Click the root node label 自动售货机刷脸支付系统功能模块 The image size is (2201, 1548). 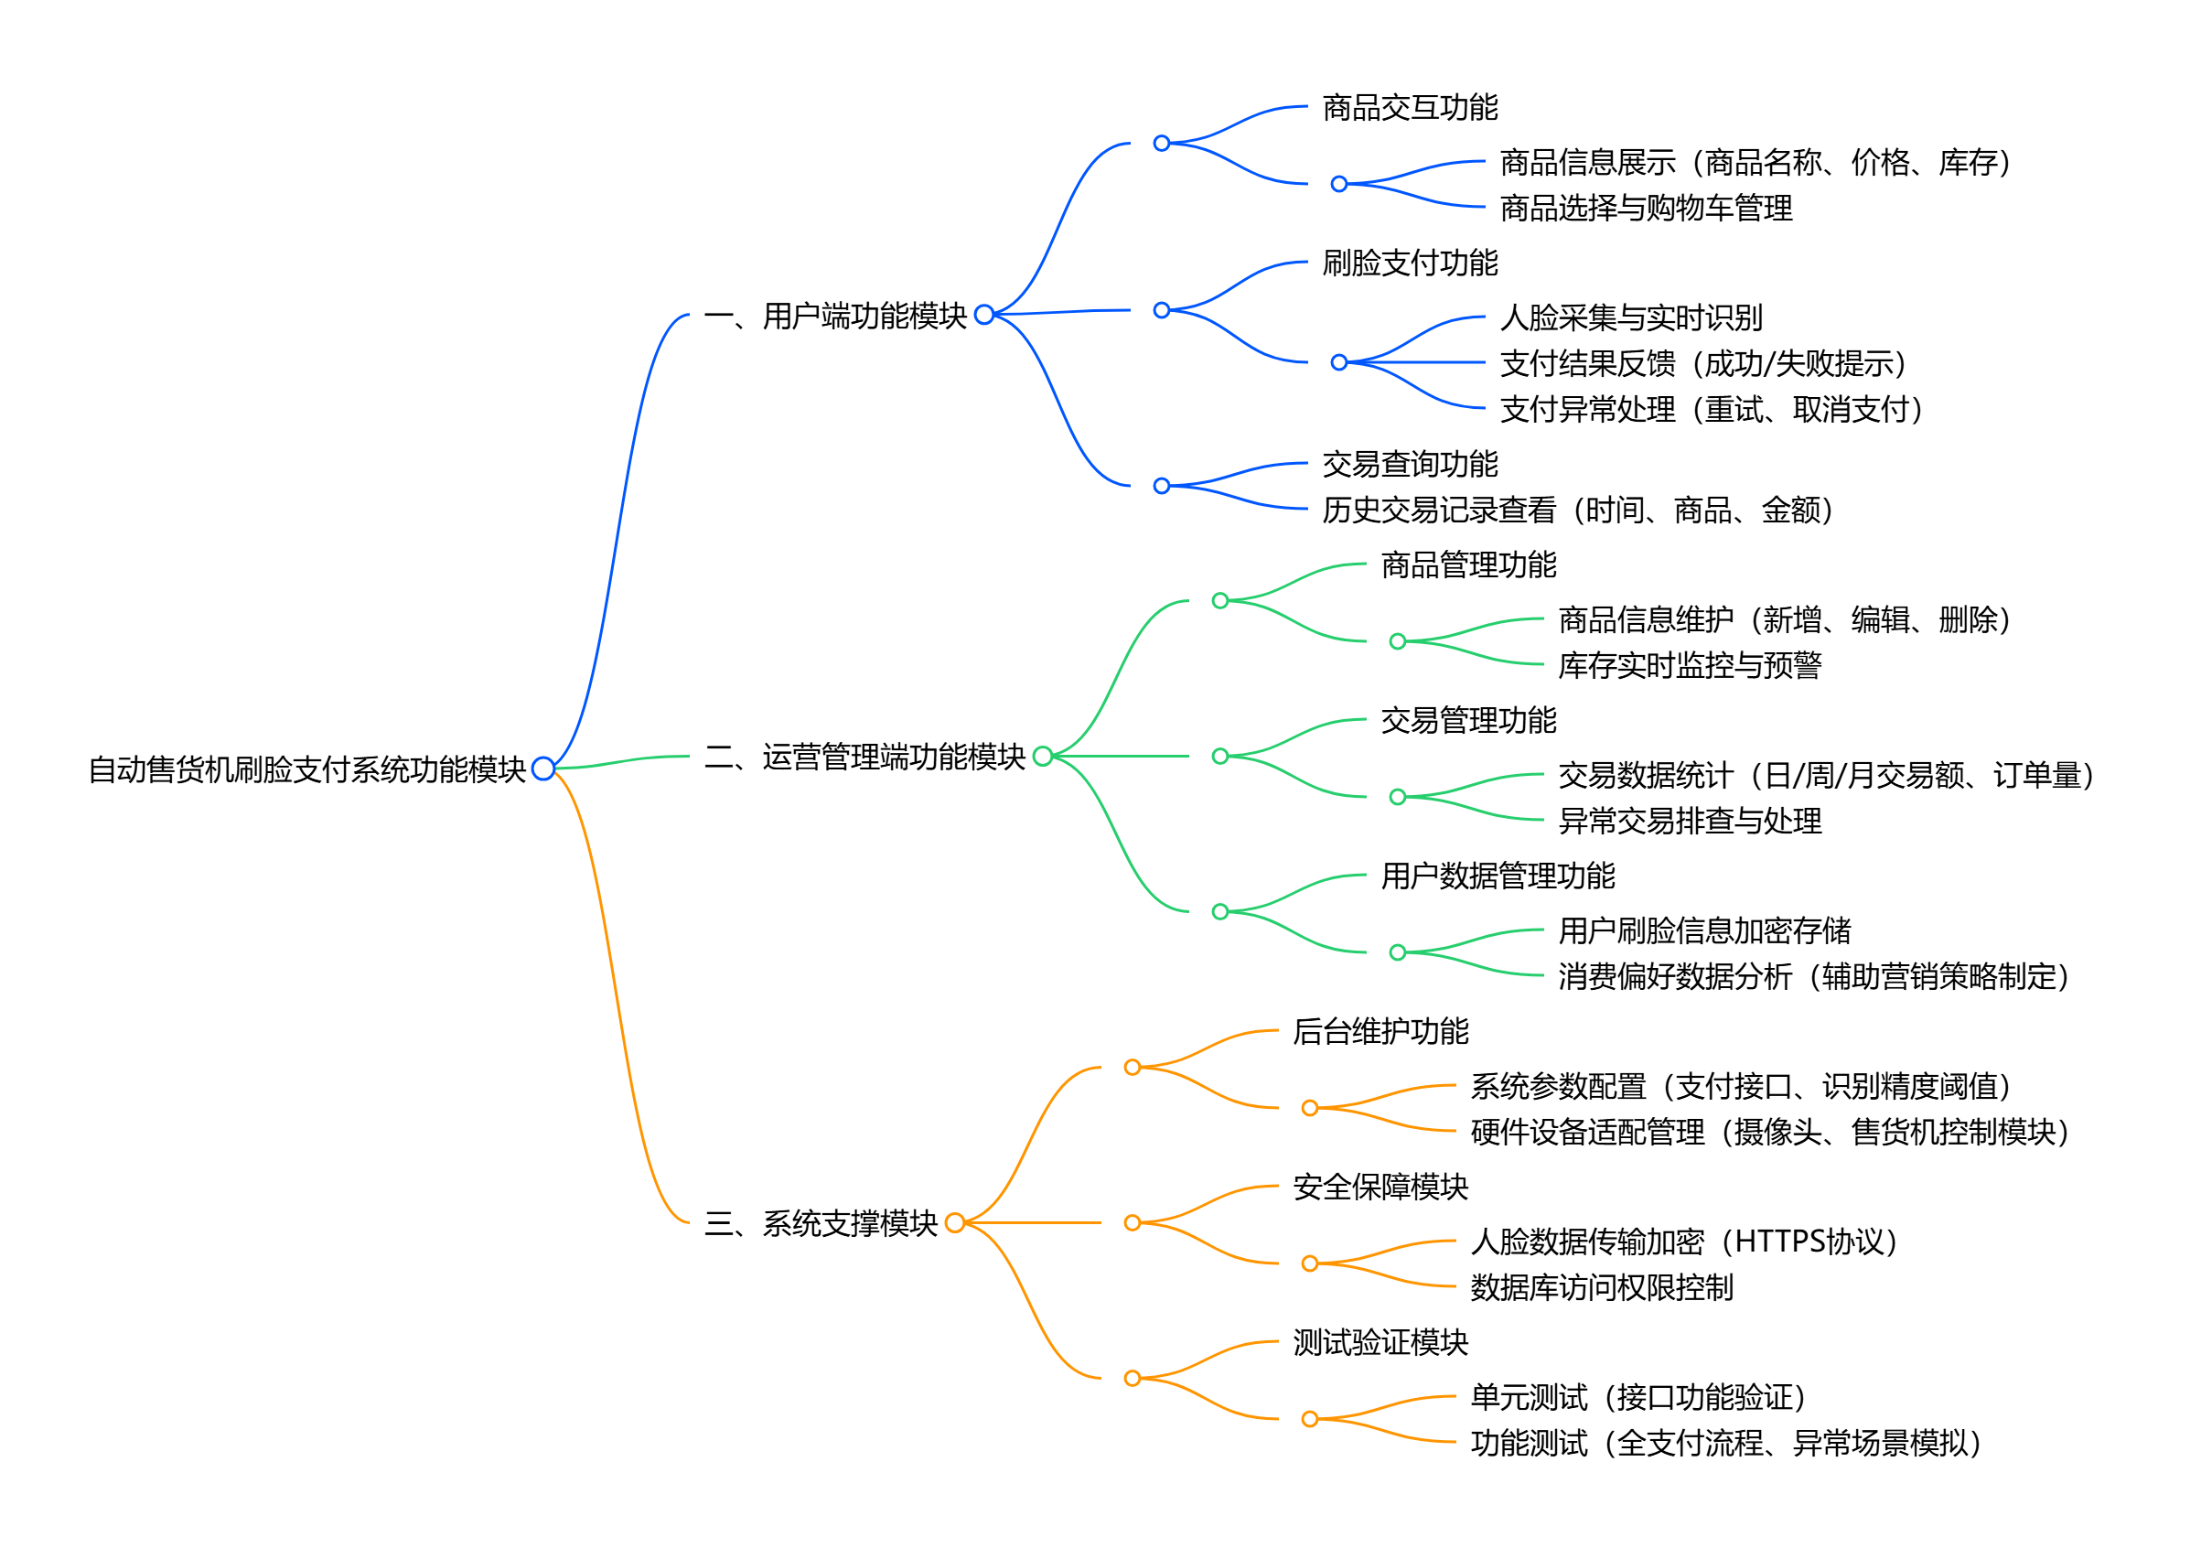point(306,769)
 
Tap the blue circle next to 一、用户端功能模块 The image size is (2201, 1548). point(983,315)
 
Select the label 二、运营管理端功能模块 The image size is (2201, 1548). point(864,758)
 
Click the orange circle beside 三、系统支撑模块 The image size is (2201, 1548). point(955,1223)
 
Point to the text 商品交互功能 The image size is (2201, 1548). point(1409,107)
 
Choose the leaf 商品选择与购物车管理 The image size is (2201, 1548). point(1645,208)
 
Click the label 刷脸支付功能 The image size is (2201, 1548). point(1409,263)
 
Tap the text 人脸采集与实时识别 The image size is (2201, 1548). point(1630,317)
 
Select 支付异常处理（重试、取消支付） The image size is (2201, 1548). point(1712,409)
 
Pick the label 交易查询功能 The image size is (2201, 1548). point(1409,464)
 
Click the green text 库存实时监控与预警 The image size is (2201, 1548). point(1689,665)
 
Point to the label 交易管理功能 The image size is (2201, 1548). point(1467,720)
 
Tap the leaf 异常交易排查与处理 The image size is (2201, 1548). point(1689,821)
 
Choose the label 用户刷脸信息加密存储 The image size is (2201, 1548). point(1703,930)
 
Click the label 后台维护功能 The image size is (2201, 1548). point(1380,1031)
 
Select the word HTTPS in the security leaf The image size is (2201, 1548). point(1779,1242)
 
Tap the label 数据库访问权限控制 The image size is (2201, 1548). point(1601,1287)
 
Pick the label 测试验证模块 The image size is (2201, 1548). point(1380,1342)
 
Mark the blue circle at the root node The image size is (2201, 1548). point(543,769)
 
